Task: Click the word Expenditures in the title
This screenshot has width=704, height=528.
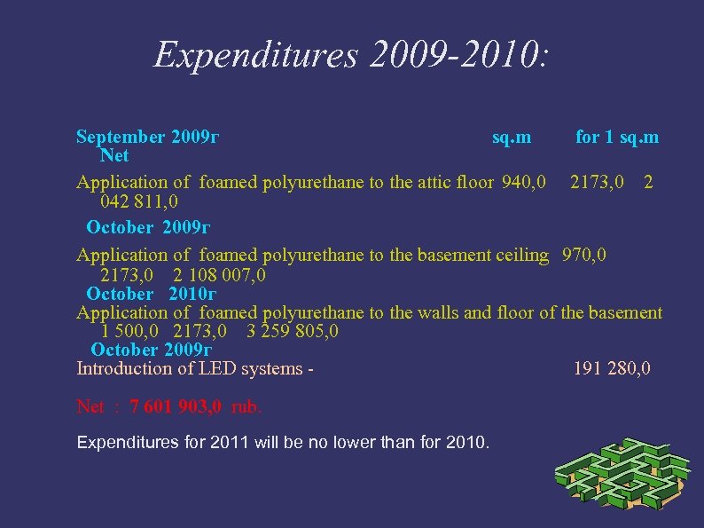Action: click(255, 55)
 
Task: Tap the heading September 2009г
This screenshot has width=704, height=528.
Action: click(148, 137)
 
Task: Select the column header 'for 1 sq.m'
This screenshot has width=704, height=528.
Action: click(617, 137)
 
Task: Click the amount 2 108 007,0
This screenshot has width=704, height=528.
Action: click(219, 275)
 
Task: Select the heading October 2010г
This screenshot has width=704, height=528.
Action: click(152, 294)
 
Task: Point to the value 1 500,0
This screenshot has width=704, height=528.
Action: click(129, 332)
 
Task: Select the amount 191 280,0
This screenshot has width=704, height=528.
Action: click(612, 368)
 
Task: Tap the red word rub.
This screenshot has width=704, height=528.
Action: click(246, 407)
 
